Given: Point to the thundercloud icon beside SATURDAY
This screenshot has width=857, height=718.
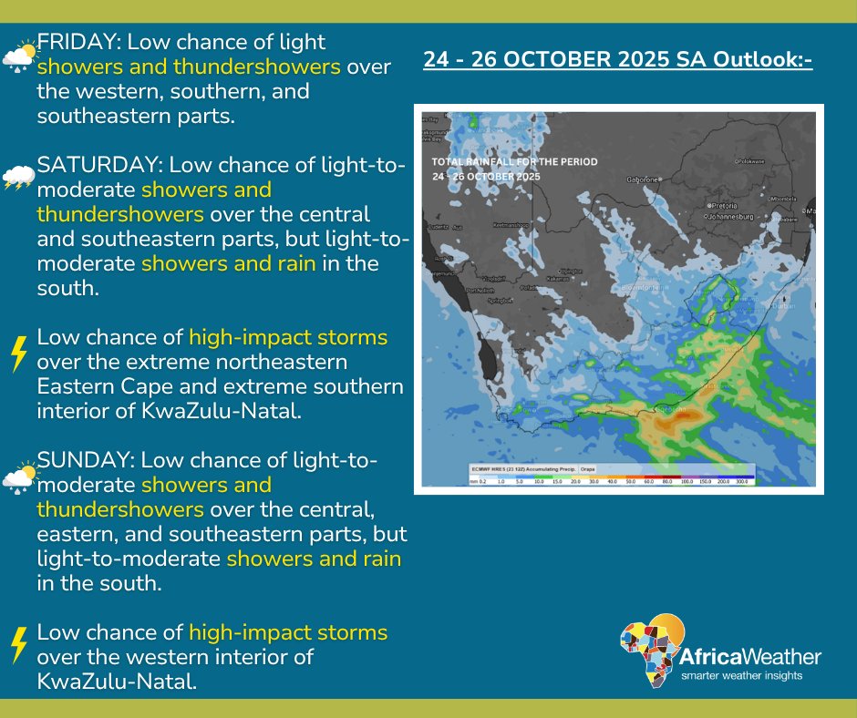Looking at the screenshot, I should tap(18, 178).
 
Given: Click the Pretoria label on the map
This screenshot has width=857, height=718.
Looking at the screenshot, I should tap(728, 206).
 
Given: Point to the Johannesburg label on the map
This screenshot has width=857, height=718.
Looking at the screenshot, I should tap(738, 218).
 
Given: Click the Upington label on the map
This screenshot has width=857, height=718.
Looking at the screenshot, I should tap(571, 271).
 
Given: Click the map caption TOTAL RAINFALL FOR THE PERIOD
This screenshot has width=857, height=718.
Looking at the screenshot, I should tap(515, 162).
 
